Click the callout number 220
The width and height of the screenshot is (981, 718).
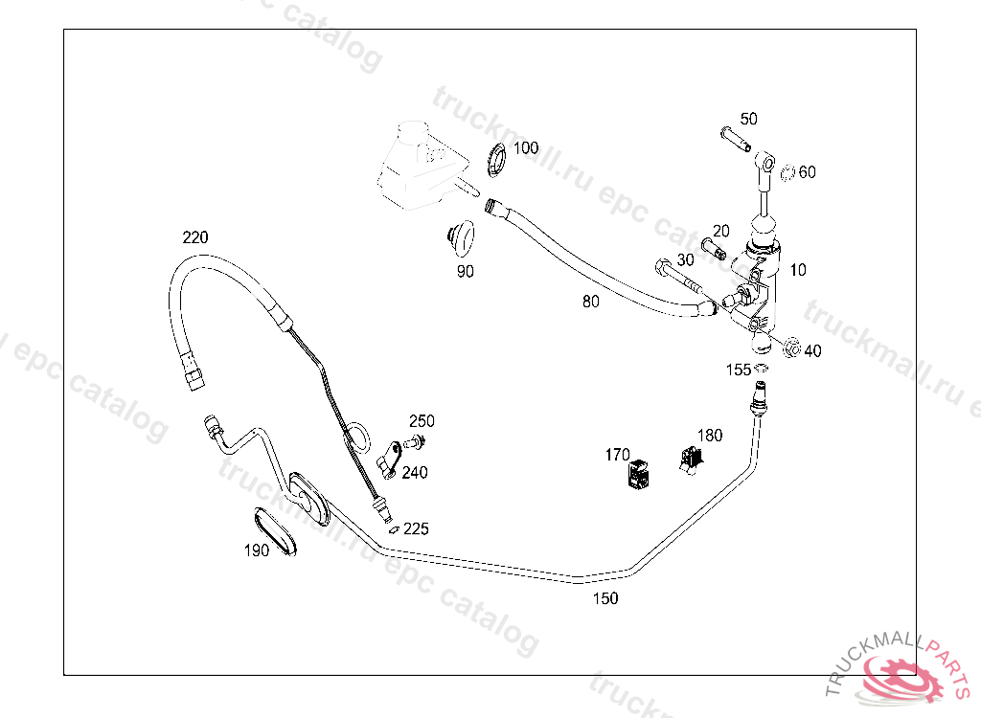[x=195, y=237]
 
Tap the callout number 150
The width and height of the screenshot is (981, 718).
[x=605, y=599]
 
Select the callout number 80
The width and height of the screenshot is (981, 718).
[x=591, y=302]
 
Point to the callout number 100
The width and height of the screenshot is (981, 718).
[x=526, y=148]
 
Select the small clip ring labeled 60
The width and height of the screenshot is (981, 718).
[x=787, y=173]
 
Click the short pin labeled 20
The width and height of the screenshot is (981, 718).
[x=714, y=248]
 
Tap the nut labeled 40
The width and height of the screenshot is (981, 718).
[x=789, y=348]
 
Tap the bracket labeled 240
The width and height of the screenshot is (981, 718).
[x=388, y=458]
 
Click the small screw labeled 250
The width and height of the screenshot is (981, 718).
[x=415, y=441]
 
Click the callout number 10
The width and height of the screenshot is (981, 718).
[x=798, y=271]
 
